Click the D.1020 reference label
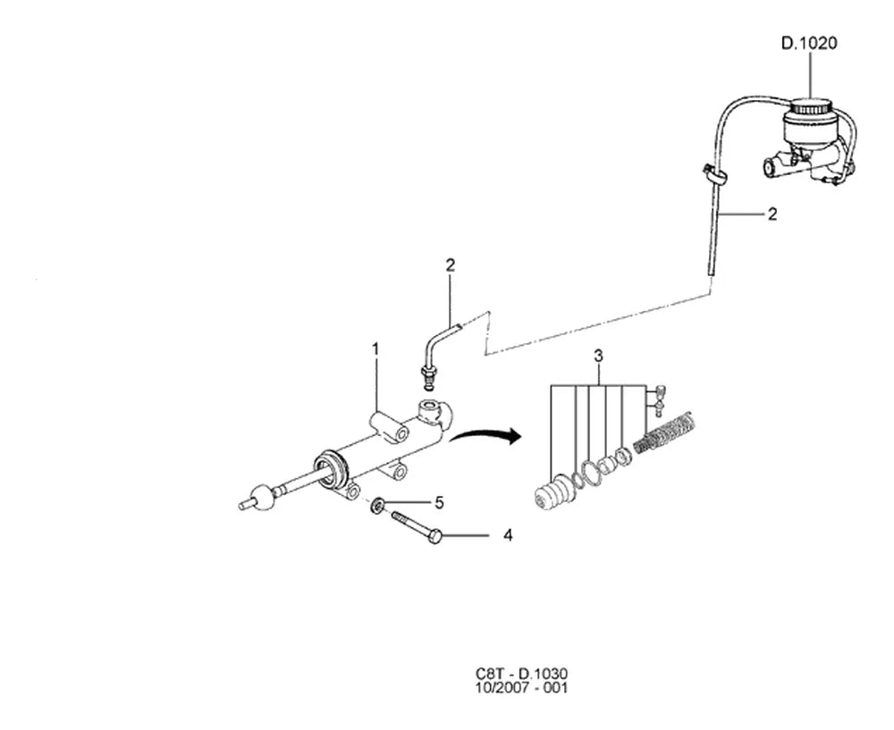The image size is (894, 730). click(808, 43)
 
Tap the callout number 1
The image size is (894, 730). click(375, 348)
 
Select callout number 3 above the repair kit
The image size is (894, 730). click(598, 357)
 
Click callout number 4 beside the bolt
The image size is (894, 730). click(508, 536)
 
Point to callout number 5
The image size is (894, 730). click(439, 503)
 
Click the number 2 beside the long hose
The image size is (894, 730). click(772, 214)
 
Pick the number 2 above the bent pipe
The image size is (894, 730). click(451, 265)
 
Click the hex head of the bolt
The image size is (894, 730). click(434, 536)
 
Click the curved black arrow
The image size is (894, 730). click(485, 436)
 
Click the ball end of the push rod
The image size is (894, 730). click(264, 496)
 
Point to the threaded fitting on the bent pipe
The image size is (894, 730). click(427, 375)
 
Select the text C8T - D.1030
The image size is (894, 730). click(522, 674)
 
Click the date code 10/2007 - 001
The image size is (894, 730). click(522, 688)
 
